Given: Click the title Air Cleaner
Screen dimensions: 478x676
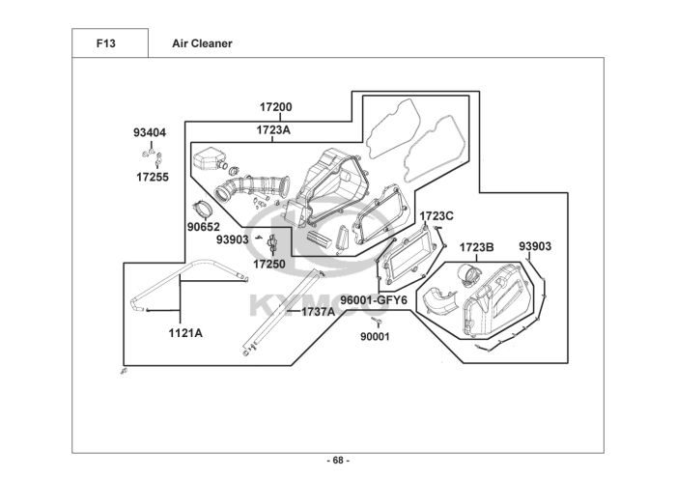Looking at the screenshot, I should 201,43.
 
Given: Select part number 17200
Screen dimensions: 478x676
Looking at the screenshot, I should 275,107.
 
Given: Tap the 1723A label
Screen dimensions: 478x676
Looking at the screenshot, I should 274,129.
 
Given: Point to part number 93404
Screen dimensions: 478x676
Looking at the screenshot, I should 150,132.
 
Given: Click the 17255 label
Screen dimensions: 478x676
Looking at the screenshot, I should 152,178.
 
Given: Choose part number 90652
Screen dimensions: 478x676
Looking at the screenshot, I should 204,228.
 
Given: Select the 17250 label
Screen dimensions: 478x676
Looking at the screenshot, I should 269,263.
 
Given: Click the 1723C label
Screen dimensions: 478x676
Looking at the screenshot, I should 437,215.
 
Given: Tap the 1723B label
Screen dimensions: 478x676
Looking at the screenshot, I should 476,247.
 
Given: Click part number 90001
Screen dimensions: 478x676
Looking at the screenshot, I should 375,336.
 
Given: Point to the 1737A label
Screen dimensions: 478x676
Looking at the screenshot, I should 318,311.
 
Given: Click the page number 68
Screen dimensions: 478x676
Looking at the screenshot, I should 338,460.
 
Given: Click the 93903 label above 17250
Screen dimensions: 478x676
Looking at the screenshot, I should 233,240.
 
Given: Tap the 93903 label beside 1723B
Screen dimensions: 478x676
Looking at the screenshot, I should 535,247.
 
